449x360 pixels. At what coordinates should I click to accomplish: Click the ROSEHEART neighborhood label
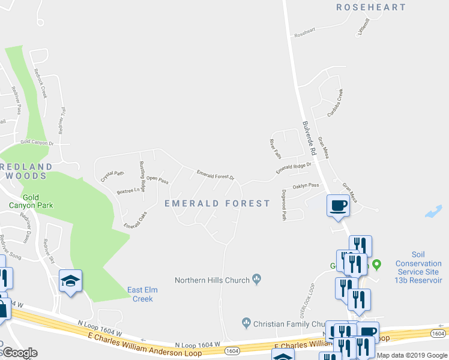click(371, 7)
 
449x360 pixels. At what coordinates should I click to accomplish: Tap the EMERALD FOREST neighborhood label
click(217, 203)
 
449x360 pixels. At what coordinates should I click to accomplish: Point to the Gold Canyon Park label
click(38, 201)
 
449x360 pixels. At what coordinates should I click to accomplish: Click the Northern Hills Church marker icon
click(257, 278)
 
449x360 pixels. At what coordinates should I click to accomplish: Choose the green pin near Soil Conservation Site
click(377, 264)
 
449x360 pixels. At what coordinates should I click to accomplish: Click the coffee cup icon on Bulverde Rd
click(337, 206)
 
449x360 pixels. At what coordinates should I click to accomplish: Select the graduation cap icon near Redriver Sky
click(71, 280)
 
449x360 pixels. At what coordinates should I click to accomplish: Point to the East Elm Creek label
click(142, 294)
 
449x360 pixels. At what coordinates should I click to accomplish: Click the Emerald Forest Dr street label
click(215, 175)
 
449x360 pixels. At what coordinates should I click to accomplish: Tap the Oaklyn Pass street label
click(306, 185)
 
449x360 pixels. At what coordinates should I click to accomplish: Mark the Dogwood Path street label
click(283, 205)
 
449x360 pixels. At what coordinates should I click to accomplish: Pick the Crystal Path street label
click(112, 176)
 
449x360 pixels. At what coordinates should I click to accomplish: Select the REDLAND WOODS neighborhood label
click(24, 170)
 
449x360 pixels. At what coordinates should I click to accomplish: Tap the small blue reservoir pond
click(433, 211)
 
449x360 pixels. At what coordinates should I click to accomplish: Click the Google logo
click(20, 352)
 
